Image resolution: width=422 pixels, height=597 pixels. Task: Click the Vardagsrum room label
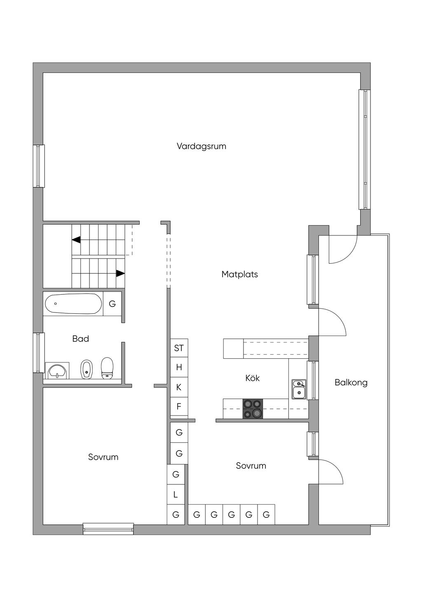[x=202, y=146]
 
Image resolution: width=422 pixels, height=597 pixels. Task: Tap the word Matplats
[x=239, y=274]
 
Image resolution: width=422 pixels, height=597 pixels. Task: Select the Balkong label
[x=351, y=383]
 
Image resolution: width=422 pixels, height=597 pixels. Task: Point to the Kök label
[x=252, y=378]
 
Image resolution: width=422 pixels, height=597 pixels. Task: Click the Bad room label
[x=80, y=339]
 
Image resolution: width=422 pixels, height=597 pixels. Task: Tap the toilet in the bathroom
[x=107, y=368]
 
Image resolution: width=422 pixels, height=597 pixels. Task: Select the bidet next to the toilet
[x=86, y=369]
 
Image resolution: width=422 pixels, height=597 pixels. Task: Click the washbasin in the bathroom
[x=57, y=371]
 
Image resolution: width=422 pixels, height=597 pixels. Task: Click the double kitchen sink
[x=299, y=389]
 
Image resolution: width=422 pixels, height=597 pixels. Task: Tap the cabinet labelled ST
[x=179, y=348]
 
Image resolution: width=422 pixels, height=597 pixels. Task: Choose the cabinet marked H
[x=179, y=367]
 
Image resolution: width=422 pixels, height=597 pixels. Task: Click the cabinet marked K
[x=179, y=387]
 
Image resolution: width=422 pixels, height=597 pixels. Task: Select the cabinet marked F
[x=179, y=407]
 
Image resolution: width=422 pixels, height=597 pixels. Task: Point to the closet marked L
[x=176, y=495]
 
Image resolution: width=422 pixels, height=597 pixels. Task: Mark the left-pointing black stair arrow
[x=76, y=240]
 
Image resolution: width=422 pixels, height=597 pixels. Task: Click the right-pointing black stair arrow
[x=120, y=273]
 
